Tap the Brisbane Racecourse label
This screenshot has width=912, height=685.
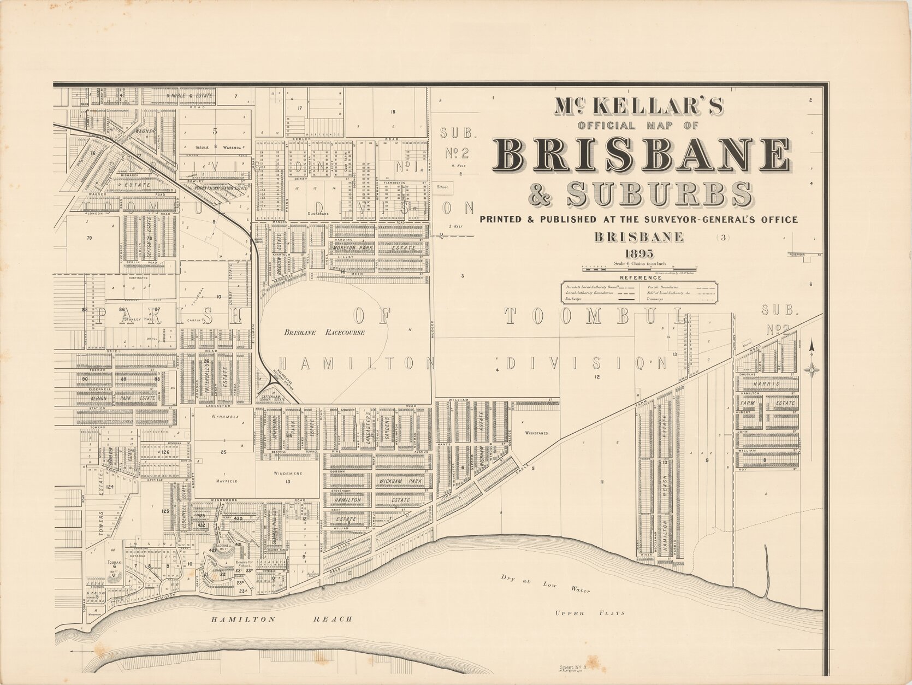(x=323, y=332)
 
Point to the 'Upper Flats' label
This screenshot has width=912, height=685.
(x=590, y=613)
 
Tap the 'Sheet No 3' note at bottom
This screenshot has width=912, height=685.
(x=573, y=668)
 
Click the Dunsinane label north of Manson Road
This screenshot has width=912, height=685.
(x=320, y=214)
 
